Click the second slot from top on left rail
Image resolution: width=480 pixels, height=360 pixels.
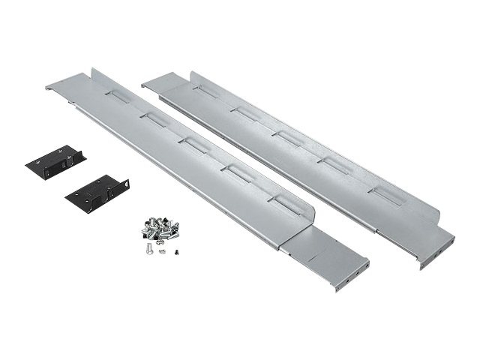tap(154, 118)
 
